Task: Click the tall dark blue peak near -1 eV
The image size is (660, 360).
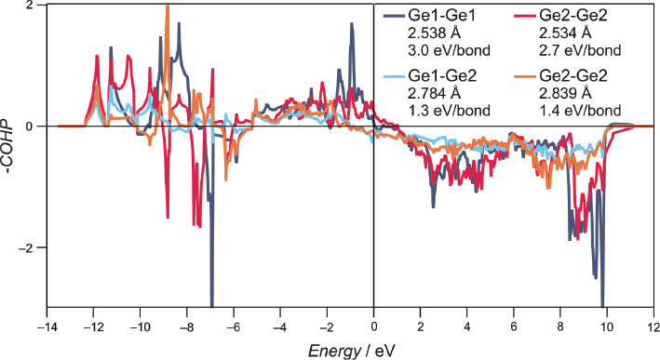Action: click(x=352, y=25)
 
